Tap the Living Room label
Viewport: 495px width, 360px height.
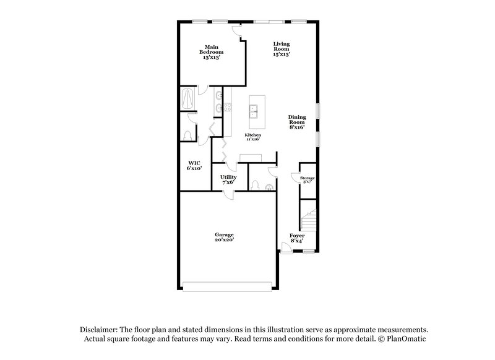click(282, 49)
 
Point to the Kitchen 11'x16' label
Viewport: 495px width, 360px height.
click(252, 137)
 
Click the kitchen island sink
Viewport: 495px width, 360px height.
click(254, 111)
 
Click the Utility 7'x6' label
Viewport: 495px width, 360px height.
click(228, 179)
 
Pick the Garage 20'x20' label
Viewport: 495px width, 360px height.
click(224, 237)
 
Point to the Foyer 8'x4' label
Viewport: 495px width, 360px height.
click(297, 238)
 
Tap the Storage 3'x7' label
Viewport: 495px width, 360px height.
click(308, 180)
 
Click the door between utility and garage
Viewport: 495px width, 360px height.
click(230, 193)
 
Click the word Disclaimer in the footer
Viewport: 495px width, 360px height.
click(99, 330)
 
